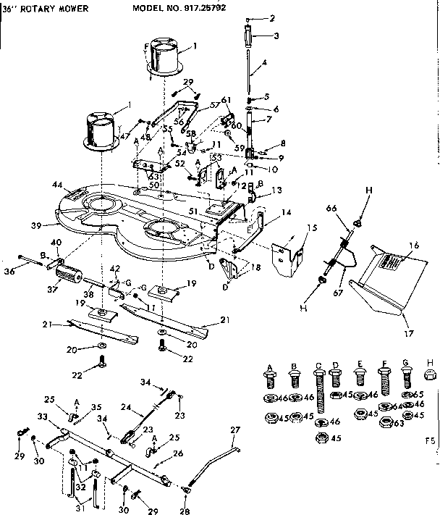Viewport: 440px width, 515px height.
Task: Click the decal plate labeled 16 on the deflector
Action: (x=389, y=264)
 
